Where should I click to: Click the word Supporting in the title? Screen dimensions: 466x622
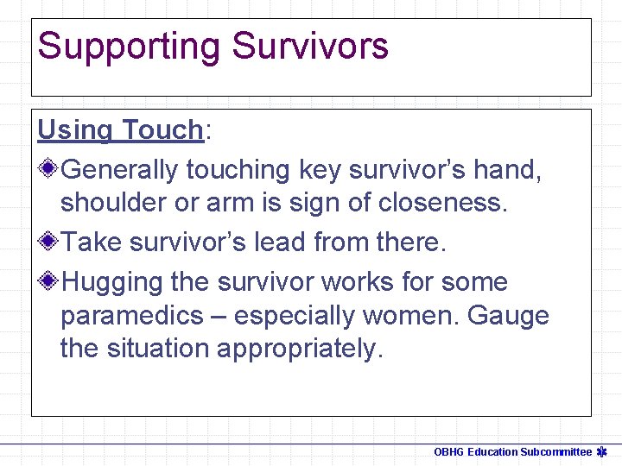[128, 47]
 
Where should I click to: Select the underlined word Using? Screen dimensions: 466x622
[75, 130]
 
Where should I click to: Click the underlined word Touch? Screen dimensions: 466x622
[162, 130]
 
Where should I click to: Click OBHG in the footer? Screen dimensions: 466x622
[449, 452]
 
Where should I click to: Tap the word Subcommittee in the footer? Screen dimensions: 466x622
[555, 452]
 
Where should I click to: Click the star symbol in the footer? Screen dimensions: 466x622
[603, 452]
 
